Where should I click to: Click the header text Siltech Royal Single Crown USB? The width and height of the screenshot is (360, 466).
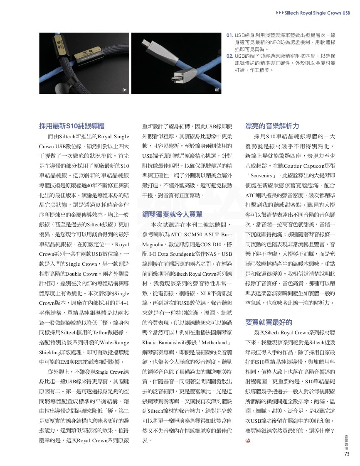coord(317,13)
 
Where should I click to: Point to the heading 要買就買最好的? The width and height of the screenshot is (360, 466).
coord(269,322)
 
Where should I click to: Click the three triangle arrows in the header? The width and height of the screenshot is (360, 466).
coord(280,13)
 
